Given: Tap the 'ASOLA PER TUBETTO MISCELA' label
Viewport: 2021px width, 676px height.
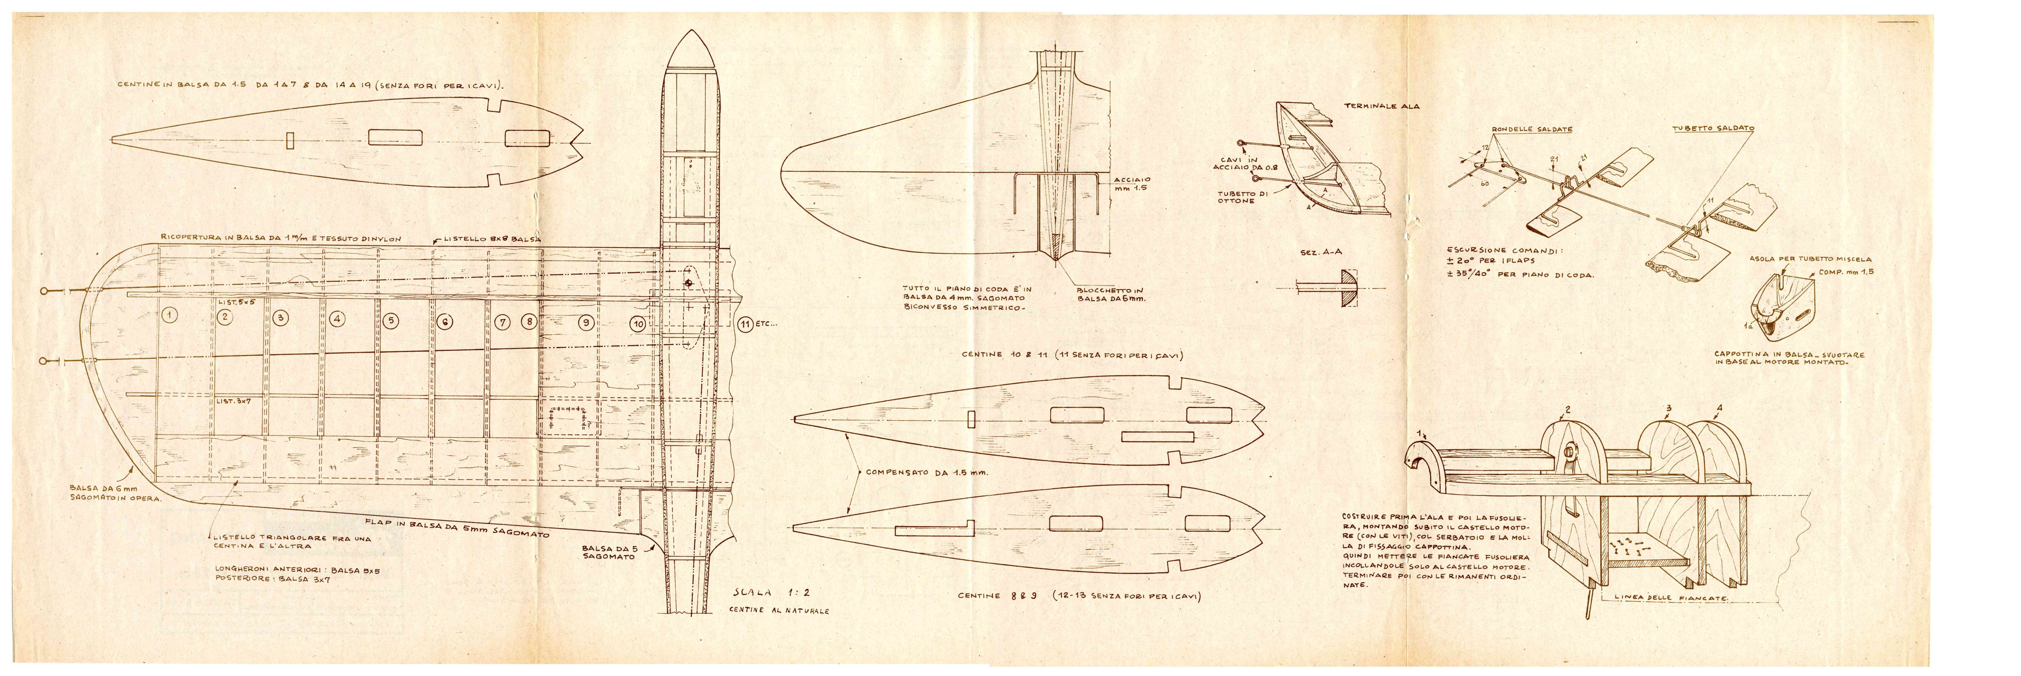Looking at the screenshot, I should pyautogui.click(x=1810, y=259).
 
